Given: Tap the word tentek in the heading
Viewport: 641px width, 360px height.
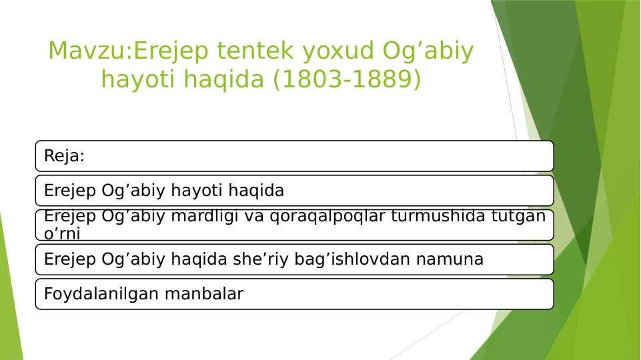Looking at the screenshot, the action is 255,51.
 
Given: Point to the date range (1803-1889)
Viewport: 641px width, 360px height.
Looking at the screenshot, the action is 347,79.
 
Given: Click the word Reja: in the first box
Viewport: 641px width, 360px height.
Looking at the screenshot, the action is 64,156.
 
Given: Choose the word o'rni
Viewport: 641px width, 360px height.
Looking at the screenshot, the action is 62,234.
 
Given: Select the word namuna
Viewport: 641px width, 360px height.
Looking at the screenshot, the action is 450,260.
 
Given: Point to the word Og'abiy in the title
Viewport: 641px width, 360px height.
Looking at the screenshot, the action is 428,51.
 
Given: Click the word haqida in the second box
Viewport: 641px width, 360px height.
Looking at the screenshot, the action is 256,191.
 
